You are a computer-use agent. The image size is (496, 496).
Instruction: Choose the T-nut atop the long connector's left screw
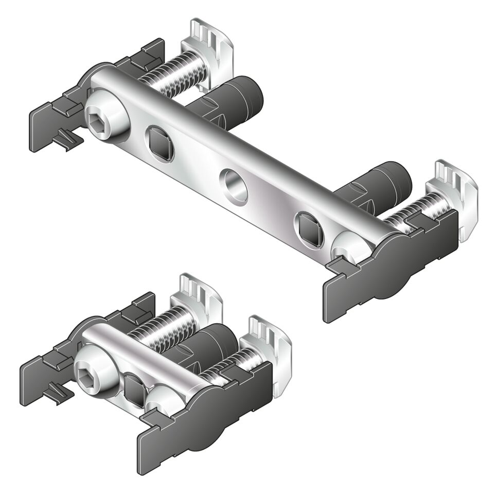[x=209, y=44]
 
